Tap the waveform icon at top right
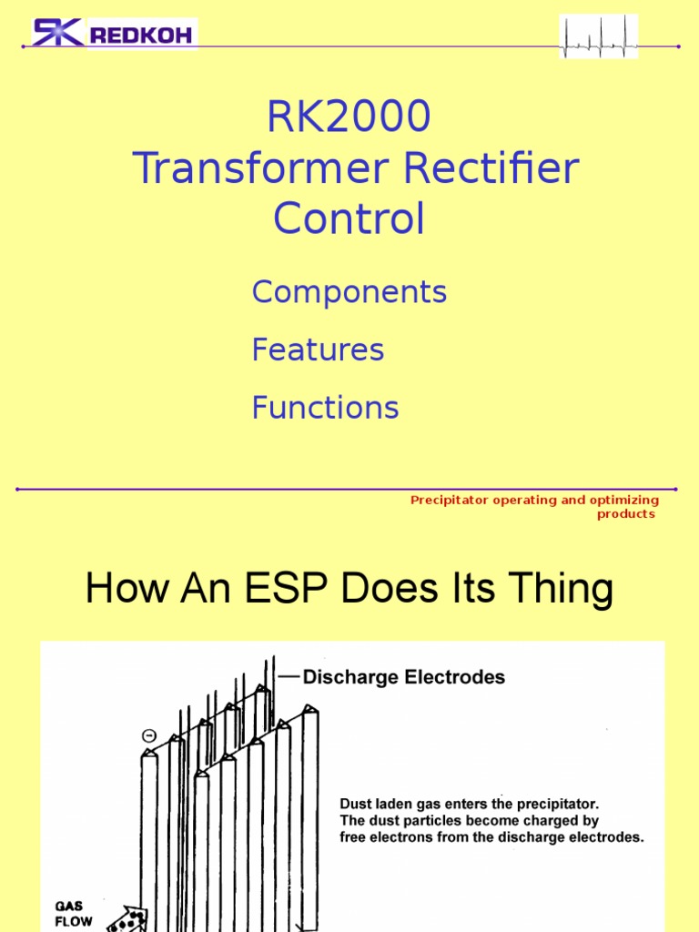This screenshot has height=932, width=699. coord(598,36)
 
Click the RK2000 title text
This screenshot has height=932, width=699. coord(349,116)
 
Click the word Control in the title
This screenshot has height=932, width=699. coord(349,219)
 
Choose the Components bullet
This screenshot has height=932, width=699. coord(349,292)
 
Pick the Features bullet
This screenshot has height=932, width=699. coord(318,349)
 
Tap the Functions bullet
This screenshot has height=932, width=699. coord(325,407)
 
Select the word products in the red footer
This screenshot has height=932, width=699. coord(625,514)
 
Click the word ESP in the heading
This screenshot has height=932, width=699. coord(297,589)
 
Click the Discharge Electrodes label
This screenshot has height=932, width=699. coord(404,677)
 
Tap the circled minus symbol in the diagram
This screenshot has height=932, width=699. coord(148,735)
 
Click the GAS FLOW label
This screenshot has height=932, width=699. coord(74,914)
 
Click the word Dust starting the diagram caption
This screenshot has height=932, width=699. coord(357,805)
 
